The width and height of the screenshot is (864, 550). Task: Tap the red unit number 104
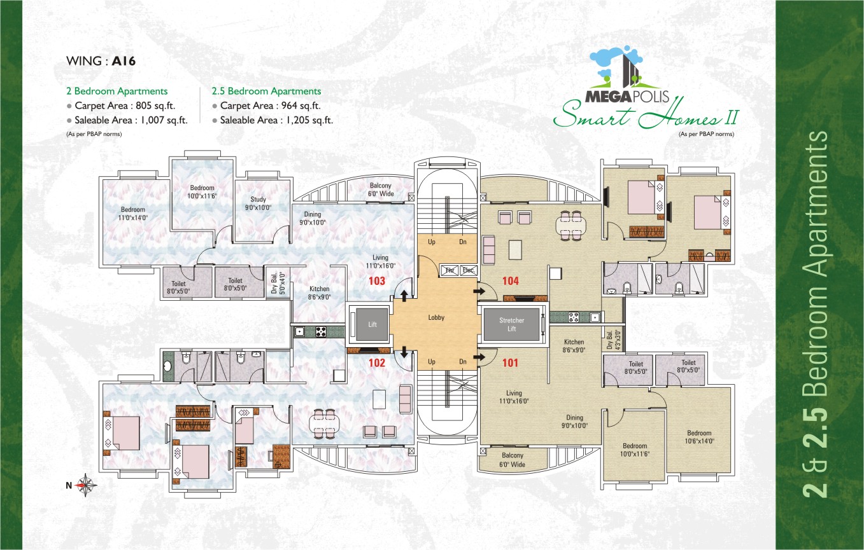click(x=511, y=280)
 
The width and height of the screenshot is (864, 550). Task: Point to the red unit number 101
click(x=511, y=364)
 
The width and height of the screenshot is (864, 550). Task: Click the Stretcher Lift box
click(x=511, y=325)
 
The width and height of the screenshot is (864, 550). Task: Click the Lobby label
click(x=436, y=317)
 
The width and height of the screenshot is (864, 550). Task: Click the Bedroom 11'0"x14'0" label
click(x=133, y=214)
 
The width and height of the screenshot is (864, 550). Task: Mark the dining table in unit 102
click(x=325, y=422)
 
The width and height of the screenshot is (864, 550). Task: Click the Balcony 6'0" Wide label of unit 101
click(x=513, y=460)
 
